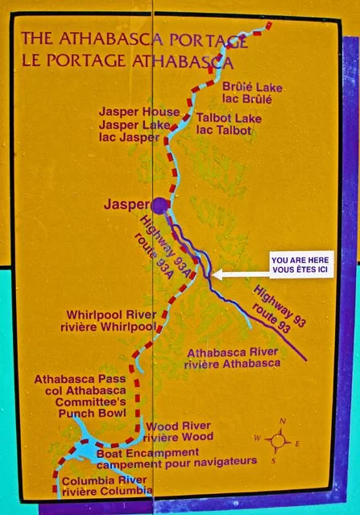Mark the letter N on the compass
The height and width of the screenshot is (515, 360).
point(282,421)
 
